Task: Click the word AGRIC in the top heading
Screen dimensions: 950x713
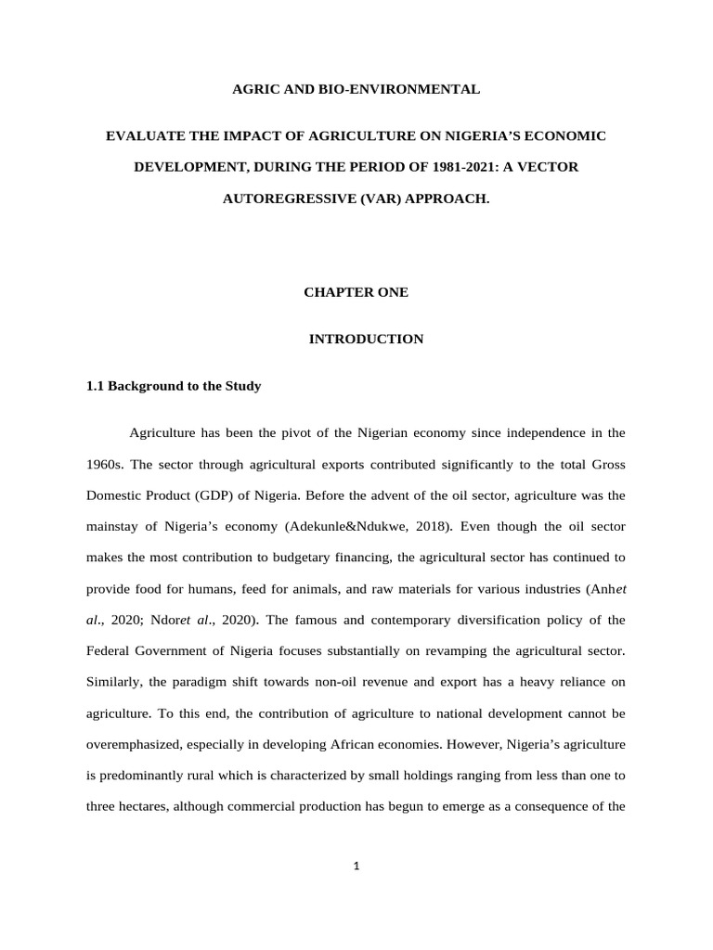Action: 253,90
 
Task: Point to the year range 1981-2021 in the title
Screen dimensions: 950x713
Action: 412,168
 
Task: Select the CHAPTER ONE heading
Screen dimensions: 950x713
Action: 356,292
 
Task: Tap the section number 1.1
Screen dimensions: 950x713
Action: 96,386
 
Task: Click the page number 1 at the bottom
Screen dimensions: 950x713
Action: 356,867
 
